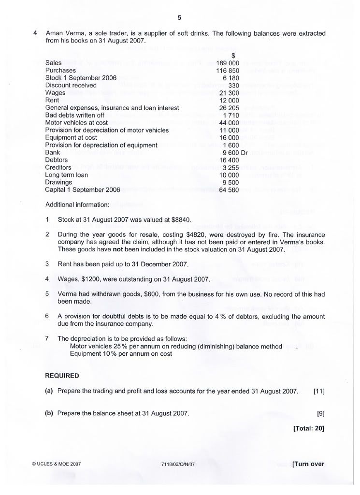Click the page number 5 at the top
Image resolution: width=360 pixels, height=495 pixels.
[x=179, y=18]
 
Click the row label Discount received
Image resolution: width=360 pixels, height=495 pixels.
[x=71, y=85]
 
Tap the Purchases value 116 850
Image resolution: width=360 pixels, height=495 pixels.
[x=228, y=71]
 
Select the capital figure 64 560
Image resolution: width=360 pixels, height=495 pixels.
[x=229, y=190]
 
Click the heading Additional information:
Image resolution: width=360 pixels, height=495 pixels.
[x=77, y=204]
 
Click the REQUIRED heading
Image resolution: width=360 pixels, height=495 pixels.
[x=62, y=375]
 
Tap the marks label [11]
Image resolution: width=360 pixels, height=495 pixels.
[x=318, y=391]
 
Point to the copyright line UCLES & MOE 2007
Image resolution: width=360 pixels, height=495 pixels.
[x=56, y=464]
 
